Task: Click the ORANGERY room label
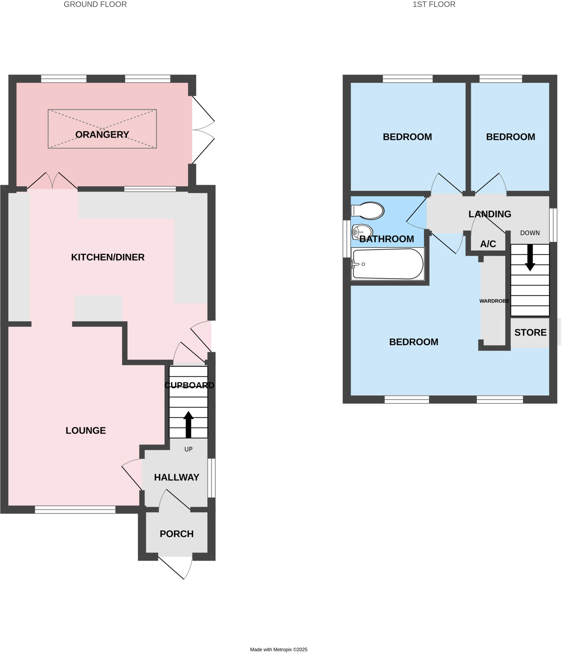pyautogui.click(x=102, y=135)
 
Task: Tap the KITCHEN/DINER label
pyautogui.click(x=108, y=257)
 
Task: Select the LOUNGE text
pyautogui.click(x=85, y=430)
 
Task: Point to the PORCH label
pyautogui.click(x=176, y=534)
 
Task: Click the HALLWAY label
pyautogui.click(x=176, y=477)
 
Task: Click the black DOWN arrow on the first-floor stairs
pyautogui.click(x=530, y=258)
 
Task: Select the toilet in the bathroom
pyautogui.click(x=368, y=211)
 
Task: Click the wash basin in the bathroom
pyautogui.click(x=362, y=232)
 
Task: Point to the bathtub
pyautogui.click(x=388, y=264)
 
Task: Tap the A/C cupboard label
pyautogui.click(x=488, y=244)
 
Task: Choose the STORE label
pyautogui.click(x=530, y=333)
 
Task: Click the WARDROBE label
pyautogui.click(x=494, y=301)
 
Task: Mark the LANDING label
pyautogui.click(x=490, y=214)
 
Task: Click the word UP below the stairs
pyautogui.click(x=188, y=449)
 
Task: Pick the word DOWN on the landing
pyautogui.click(x=530, y=233)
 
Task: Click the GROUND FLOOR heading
pyautogui.click(x=95, y=4)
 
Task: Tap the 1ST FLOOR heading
pyautogui.click(x=434, y=4)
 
